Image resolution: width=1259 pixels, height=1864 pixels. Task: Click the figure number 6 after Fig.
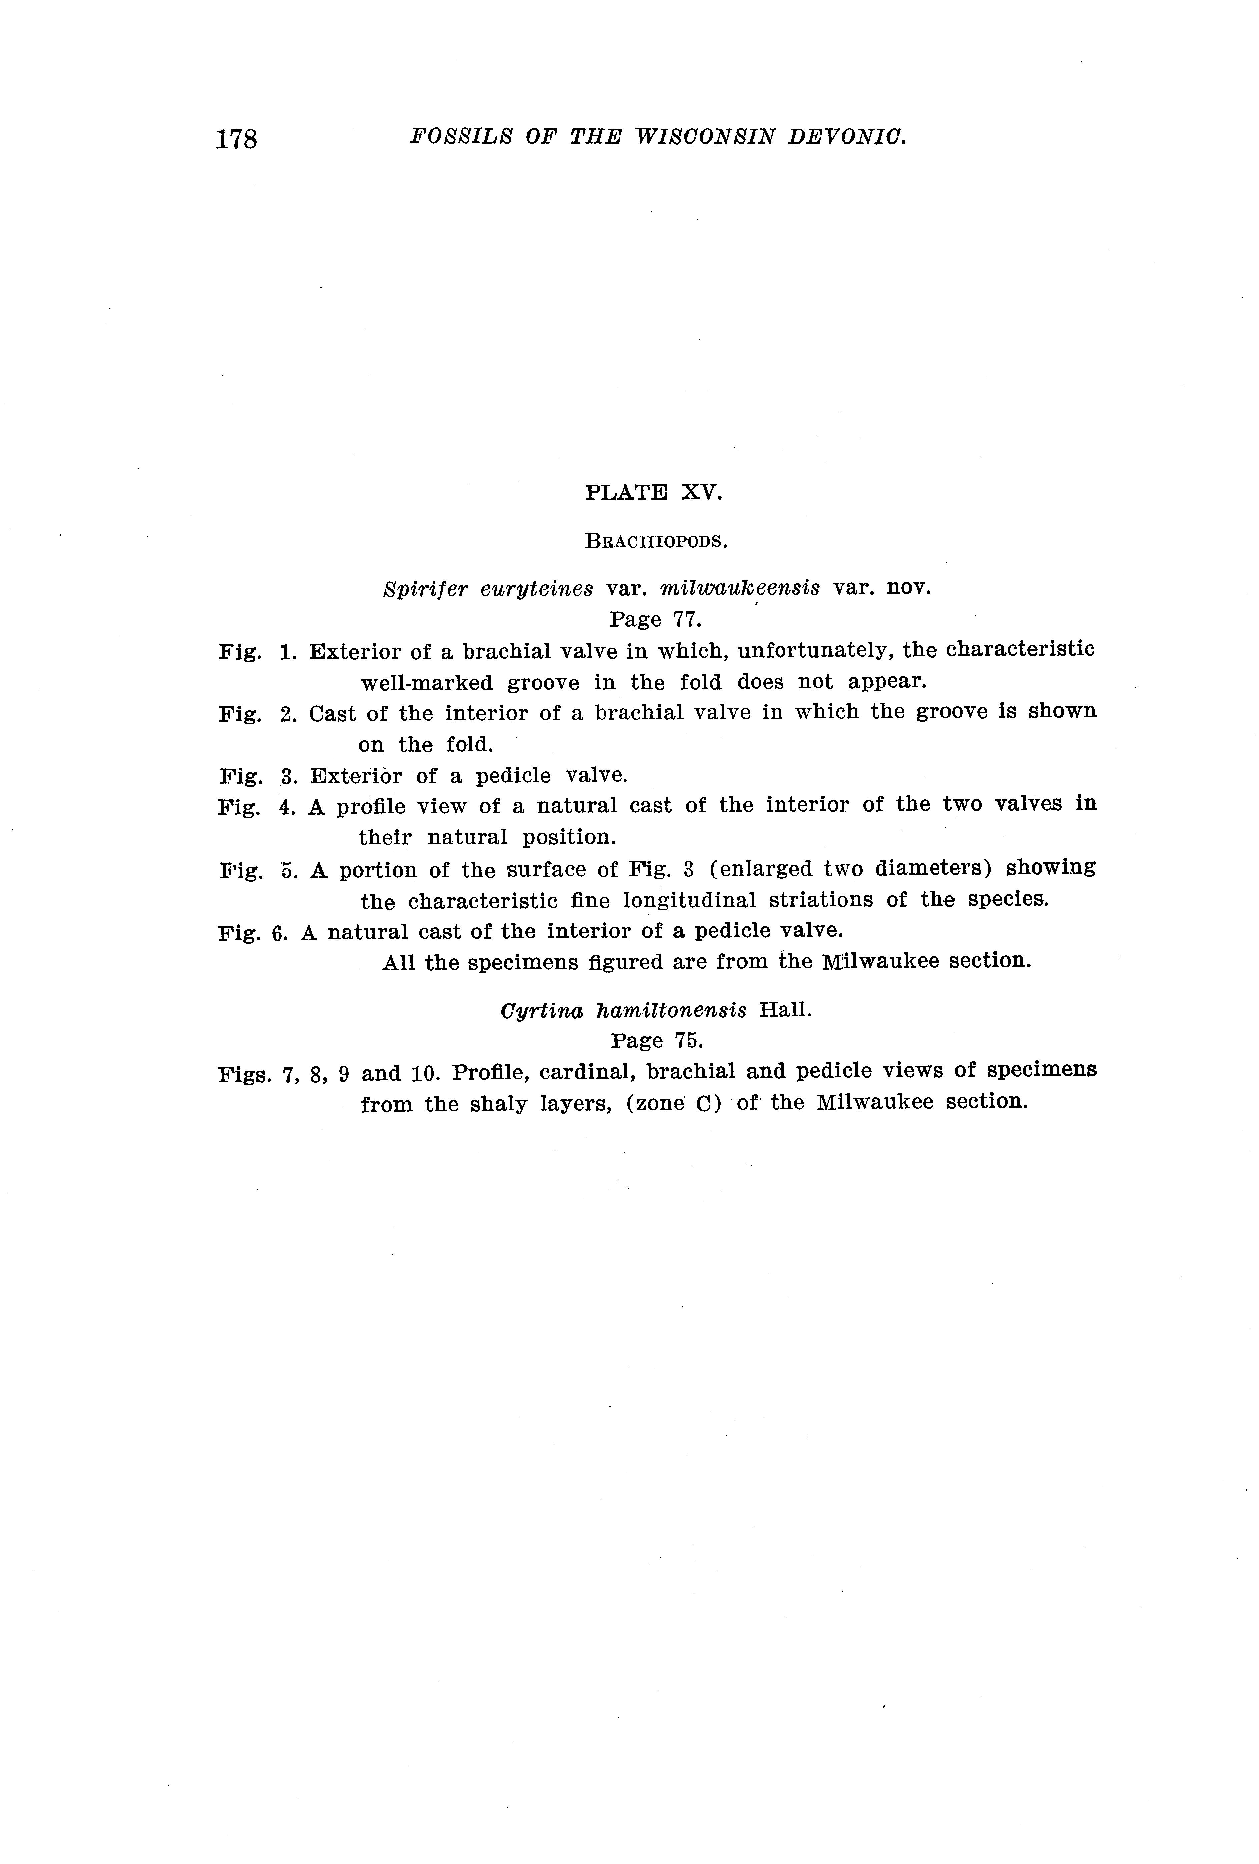tap(279, 932)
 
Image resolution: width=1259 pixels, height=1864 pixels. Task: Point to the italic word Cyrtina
tap(541, 1010)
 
